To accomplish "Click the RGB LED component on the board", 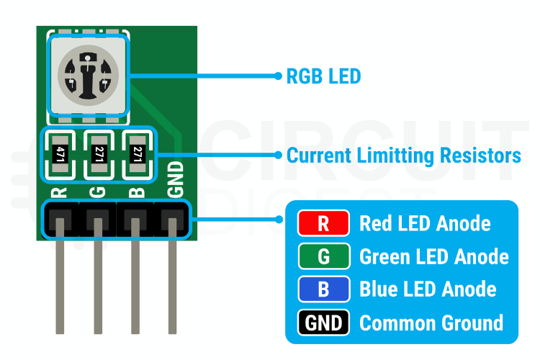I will [87, 76].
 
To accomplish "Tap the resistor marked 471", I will [60, 153].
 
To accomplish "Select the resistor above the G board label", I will [99, 153].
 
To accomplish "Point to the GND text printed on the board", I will [175, 180].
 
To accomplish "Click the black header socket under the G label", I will [96, 219].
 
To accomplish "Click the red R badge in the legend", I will [323, 224].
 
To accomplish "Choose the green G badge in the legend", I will [323, 256].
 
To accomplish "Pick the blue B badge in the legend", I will [323, 289].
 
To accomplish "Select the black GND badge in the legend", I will [323, 323].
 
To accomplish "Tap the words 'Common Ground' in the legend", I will [431, 323].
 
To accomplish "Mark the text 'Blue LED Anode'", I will [428, 289].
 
